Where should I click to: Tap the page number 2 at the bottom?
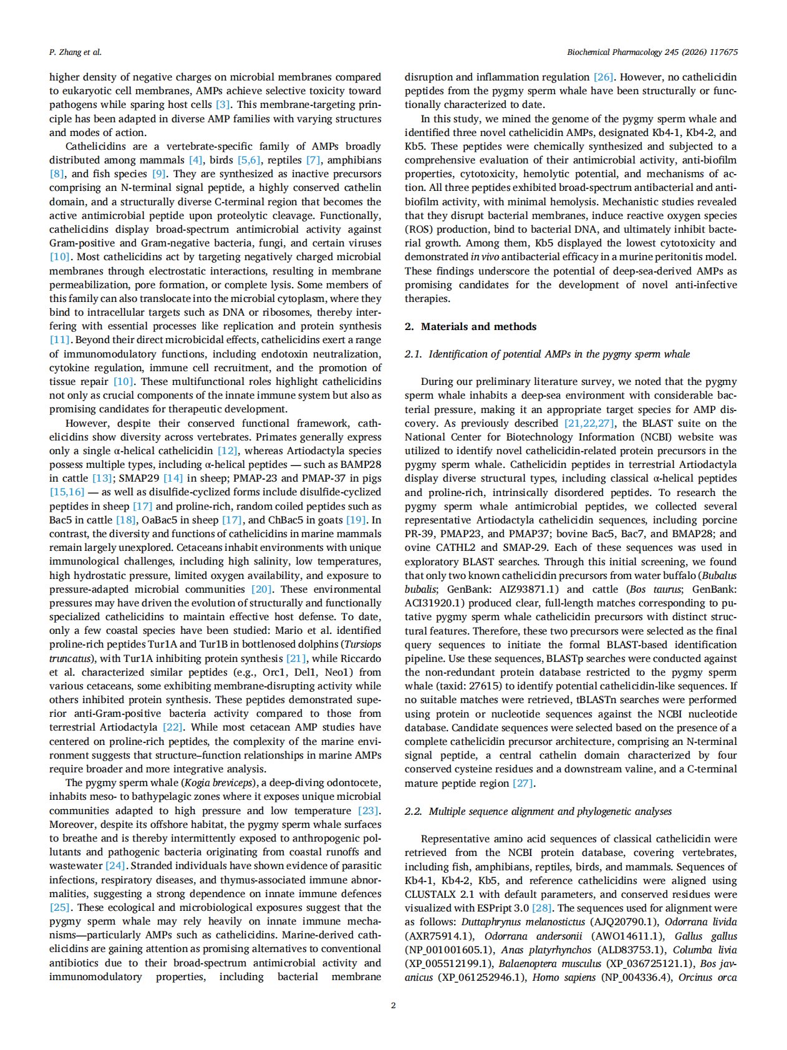pyautogui.click(x=393, y=1005)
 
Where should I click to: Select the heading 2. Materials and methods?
pyautogui.click(x=470, y=326)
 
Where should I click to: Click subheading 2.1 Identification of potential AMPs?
pyautogui.click(x=547, y=354)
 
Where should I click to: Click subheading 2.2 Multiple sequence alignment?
pyautogui.click(x=538, y=811)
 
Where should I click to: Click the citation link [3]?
pyautogui.click(x=223, y=105)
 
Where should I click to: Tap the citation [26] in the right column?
pyautogui.click(x=603, y=77)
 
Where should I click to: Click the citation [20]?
pyautogui.click(x=261, y=589)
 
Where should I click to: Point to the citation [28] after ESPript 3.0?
pyautogui.click(x=541, y=908)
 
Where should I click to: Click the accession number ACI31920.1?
pyautogui.click(x=435, y=603)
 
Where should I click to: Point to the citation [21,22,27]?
pyautogui.click(x=589, y=423)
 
